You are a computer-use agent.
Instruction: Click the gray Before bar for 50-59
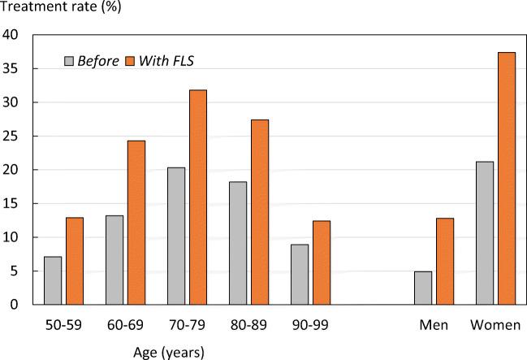point(53,280)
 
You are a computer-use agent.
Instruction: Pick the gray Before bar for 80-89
point(238,243)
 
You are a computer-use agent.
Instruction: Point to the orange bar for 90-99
point(322,262)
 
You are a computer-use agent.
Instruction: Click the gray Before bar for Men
point(423,288)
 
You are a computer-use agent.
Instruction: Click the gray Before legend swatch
point(70,61)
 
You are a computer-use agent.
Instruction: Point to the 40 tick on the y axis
point(11,35)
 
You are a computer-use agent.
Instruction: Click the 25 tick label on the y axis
point(11,137)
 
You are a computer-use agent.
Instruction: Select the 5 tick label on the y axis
point(15,271)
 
